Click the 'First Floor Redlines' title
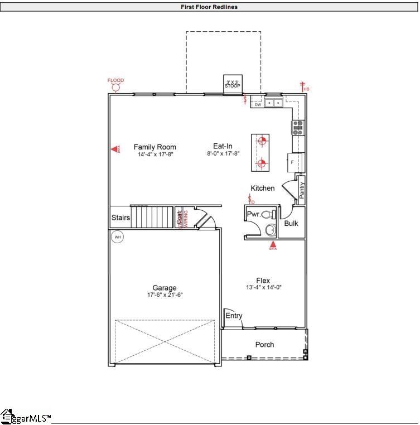click(209, 7)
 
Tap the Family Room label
click(155, 147)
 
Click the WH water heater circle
click(117, 237)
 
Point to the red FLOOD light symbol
click(116, 85)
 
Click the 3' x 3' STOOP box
click(233, 83)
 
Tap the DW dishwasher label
click(258, 104)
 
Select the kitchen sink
click(273, 103)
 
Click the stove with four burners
click(298, 128)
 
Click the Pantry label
click(301, 190)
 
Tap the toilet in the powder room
click(268, 214)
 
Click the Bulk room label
click(291, 223)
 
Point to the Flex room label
click(263, 281)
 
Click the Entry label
click(234, 316)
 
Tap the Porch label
click(264, 345)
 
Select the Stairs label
click(121, 218)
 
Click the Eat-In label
click(223, 147)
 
